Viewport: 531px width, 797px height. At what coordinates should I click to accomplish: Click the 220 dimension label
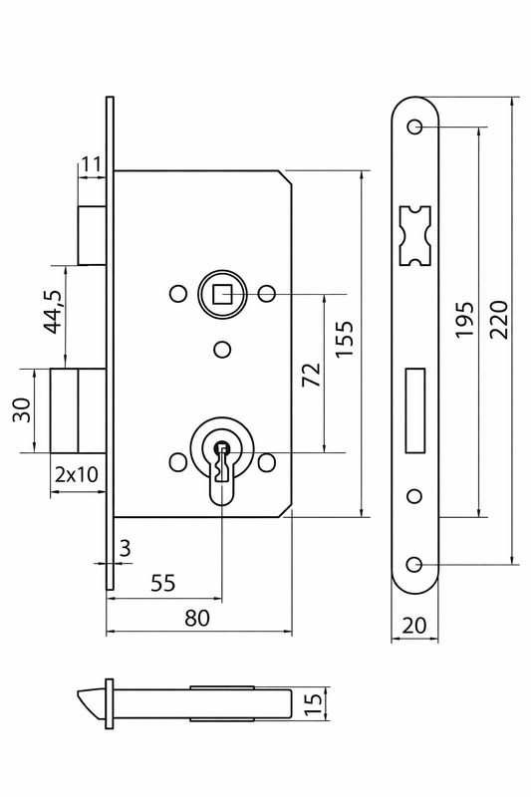coord(499,319)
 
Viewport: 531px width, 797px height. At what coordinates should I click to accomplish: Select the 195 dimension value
coord(464,319)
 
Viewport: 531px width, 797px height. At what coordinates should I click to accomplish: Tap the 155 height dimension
coord(345,339)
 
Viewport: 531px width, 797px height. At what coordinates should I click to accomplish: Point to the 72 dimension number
coord(312,375)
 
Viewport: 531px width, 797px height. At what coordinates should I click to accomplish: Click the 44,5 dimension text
coord(53,311)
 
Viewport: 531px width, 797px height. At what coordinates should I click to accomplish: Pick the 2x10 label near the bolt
coord(77,474)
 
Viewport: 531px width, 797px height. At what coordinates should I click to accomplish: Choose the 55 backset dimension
coord(163,583)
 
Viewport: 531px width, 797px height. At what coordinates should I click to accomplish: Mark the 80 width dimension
coord(197,618)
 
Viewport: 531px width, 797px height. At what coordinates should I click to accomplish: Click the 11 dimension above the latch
coord(92,164)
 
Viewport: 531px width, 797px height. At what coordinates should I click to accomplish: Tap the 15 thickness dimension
coord(314,703)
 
